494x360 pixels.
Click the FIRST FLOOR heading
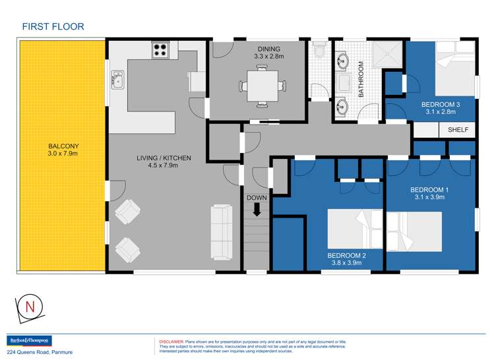53,26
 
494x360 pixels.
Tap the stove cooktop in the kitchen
160,50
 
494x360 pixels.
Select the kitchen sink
117,80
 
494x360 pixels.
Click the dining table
262,86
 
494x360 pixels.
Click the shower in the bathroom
387,54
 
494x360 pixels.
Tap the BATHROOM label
361,79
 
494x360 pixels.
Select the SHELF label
458,129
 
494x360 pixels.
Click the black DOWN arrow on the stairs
257,210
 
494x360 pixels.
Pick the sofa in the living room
221,232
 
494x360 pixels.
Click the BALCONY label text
63,146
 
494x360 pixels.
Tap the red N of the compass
30,307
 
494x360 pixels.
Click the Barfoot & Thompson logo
29,341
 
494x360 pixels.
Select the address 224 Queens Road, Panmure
40,352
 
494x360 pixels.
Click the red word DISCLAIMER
171,342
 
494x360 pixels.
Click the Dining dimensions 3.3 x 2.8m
268,57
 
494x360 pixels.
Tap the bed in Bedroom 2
355,229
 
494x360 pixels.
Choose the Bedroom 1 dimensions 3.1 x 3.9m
429,197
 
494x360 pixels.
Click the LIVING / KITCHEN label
164,158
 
